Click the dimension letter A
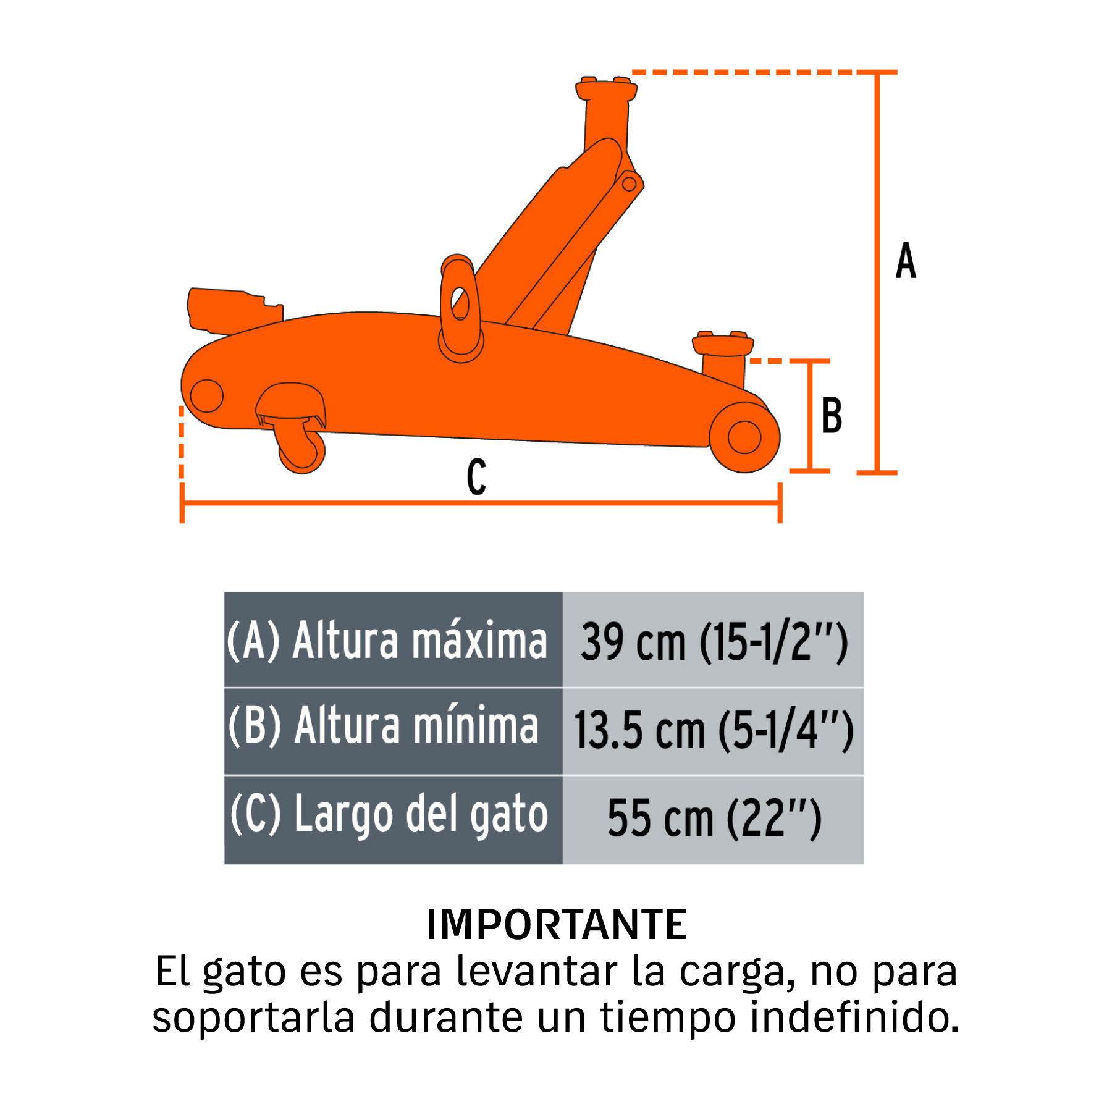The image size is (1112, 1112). [906, 260]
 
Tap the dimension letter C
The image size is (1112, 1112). [476, 477]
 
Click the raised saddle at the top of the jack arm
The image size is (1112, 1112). [606, 89]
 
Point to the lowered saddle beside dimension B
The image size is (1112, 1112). [723, 343]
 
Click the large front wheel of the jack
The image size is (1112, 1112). [744, 437]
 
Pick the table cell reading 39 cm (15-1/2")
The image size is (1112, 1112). [714, 641]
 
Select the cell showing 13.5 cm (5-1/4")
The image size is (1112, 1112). [714, 731]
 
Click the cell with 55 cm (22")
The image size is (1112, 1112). [714, 820]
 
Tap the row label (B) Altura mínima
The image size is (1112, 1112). [383, 725]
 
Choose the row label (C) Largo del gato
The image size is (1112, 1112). [389, 814]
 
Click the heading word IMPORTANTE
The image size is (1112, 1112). [557, 925]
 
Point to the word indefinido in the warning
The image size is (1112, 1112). [855, 1017]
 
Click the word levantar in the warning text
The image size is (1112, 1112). [537, 971]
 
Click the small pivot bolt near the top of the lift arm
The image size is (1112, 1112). [630, 183]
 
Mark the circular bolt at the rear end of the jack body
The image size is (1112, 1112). [206, 395]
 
